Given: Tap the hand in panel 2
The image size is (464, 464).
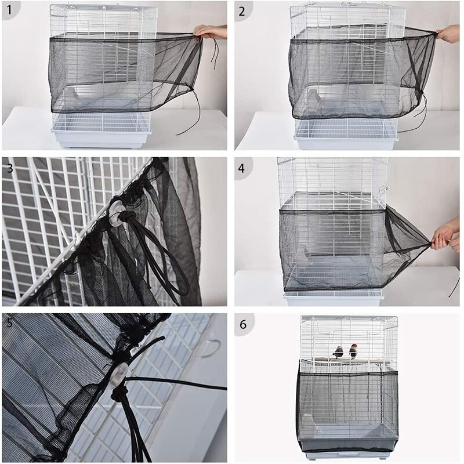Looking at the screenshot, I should coord(448,34).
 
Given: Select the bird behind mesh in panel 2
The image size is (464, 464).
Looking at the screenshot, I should coord(313,96).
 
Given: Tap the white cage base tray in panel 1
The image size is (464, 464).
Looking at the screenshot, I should coord(101,138).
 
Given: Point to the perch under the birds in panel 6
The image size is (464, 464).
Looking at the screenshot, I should coord(348,361).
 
